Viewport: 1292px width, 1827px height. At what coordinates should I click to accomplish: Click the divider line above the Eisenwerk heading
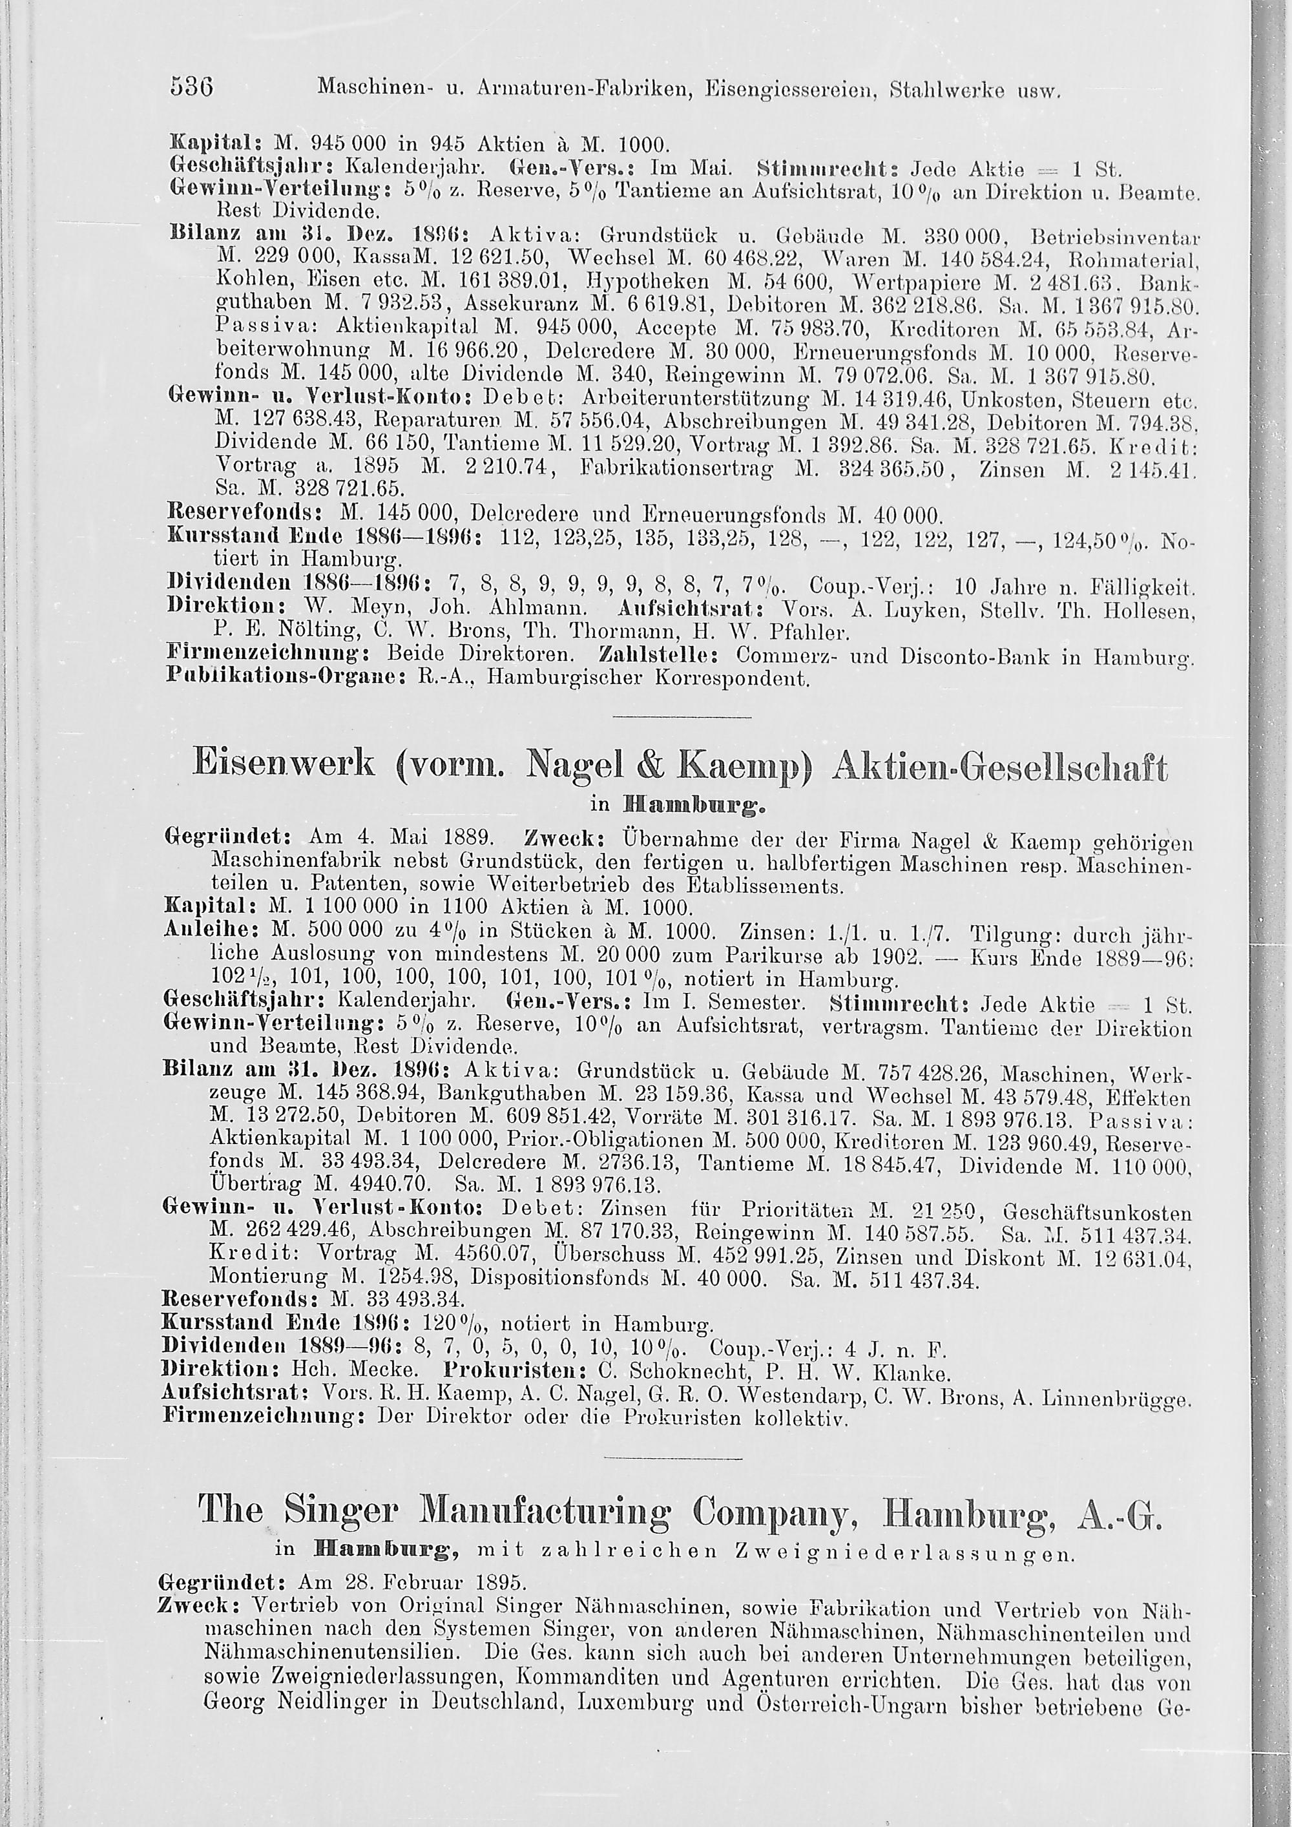tap(683, 718)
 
